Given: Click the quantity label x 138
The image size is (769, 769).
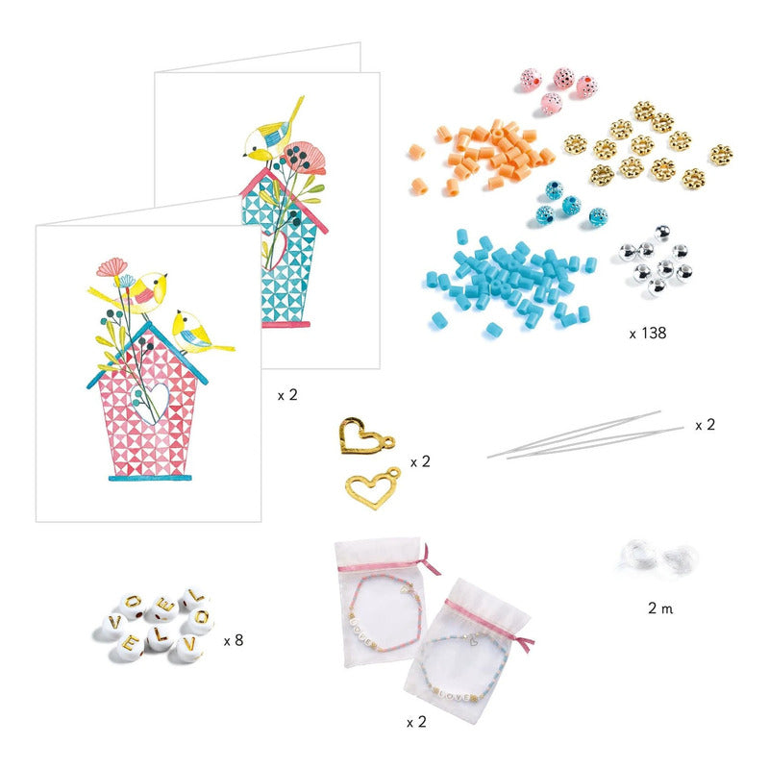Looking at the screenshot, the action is coord(647,333).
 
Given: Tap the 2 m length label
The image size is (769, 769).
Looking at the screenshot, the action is coord(660,608).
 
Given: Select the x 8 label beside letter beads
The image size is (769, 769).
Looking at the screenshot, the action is coord(234,640).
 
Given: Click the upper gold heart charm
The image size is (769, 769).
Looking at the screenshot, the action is coord(365,436).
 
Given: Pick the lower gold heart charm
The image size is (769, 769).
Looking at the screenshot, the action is coord(373,488).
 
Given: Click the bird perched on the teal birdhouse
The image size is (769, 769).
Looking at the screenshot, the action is coord(270,133).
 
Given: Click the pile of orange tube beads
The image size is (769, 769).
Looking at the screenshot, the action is coord(484,156).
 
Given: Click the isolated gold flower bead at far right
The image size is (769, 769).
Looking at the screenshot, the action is coord(720,154).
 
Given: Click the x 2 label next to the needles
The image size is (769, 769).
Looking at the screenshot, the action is coord(706,425).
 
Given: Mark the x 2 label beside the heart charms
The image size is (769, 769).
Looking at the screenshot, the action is coord(420,461).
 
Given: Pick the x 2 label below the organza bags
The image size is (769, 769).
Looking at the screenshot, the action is coord(416,722).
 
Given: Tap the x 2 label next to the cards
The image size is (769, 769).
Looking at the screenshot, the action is coord(287,395).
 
